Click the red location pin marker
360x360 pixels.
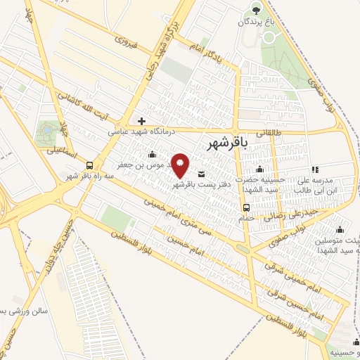181,165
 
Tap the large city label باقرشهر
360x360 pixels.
229,144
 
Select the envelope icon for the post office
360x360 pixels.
202,174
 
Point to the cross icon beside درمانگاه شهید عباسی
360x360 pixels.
141,121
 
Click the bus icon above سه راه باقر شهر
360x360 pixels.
89,165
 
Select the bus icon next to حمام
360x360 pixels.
246,207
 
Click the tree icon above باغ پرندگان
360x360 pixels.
256,9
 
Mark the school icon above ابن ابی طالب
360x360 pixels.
315,169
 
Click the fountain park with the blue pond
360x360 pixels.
46,131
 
